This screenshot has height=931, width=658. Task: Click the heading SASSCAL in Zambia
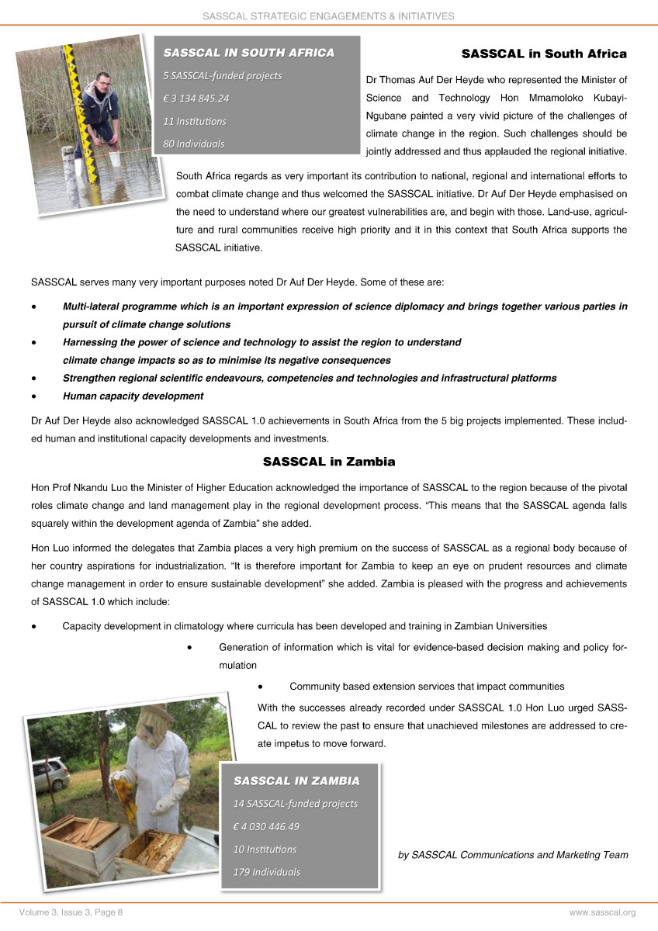coord(329,462)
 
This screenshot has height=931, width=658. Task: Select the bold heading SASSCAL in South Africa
coord(543,54)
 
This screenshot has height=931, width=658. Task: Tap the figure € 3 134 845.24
coord(196,98)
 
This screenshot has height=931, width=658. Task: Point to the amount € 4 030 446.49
coord(266,825)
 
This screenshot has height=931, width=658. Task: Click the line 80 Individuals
coord(193,144)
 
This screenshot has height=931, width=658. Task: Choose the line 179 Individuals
coord(266,871)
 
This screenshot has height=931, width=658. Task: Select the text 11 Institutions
coord(195,121)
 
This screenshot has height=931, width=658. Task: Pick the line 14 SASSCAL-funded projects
coord(296,803)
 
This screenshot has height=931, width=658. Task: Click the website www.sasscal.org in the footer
coord(602,912)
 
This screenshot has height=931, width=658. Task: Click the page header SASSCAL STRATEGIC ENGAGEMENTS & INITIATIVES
coord(328,16)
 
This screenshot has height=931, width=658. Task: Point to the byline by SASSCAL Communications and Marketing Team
coord(512,855)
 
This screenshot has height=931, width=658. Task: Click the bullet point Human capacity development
coord(133,396)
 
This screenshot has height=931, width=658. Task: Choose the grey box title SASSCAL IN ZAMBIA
coord(296,780)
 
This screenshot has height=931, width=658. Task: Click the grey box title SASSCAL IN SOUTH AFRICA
coord(248,53)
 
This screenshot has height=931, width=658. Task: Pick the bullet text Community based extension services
coord(426,687)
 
